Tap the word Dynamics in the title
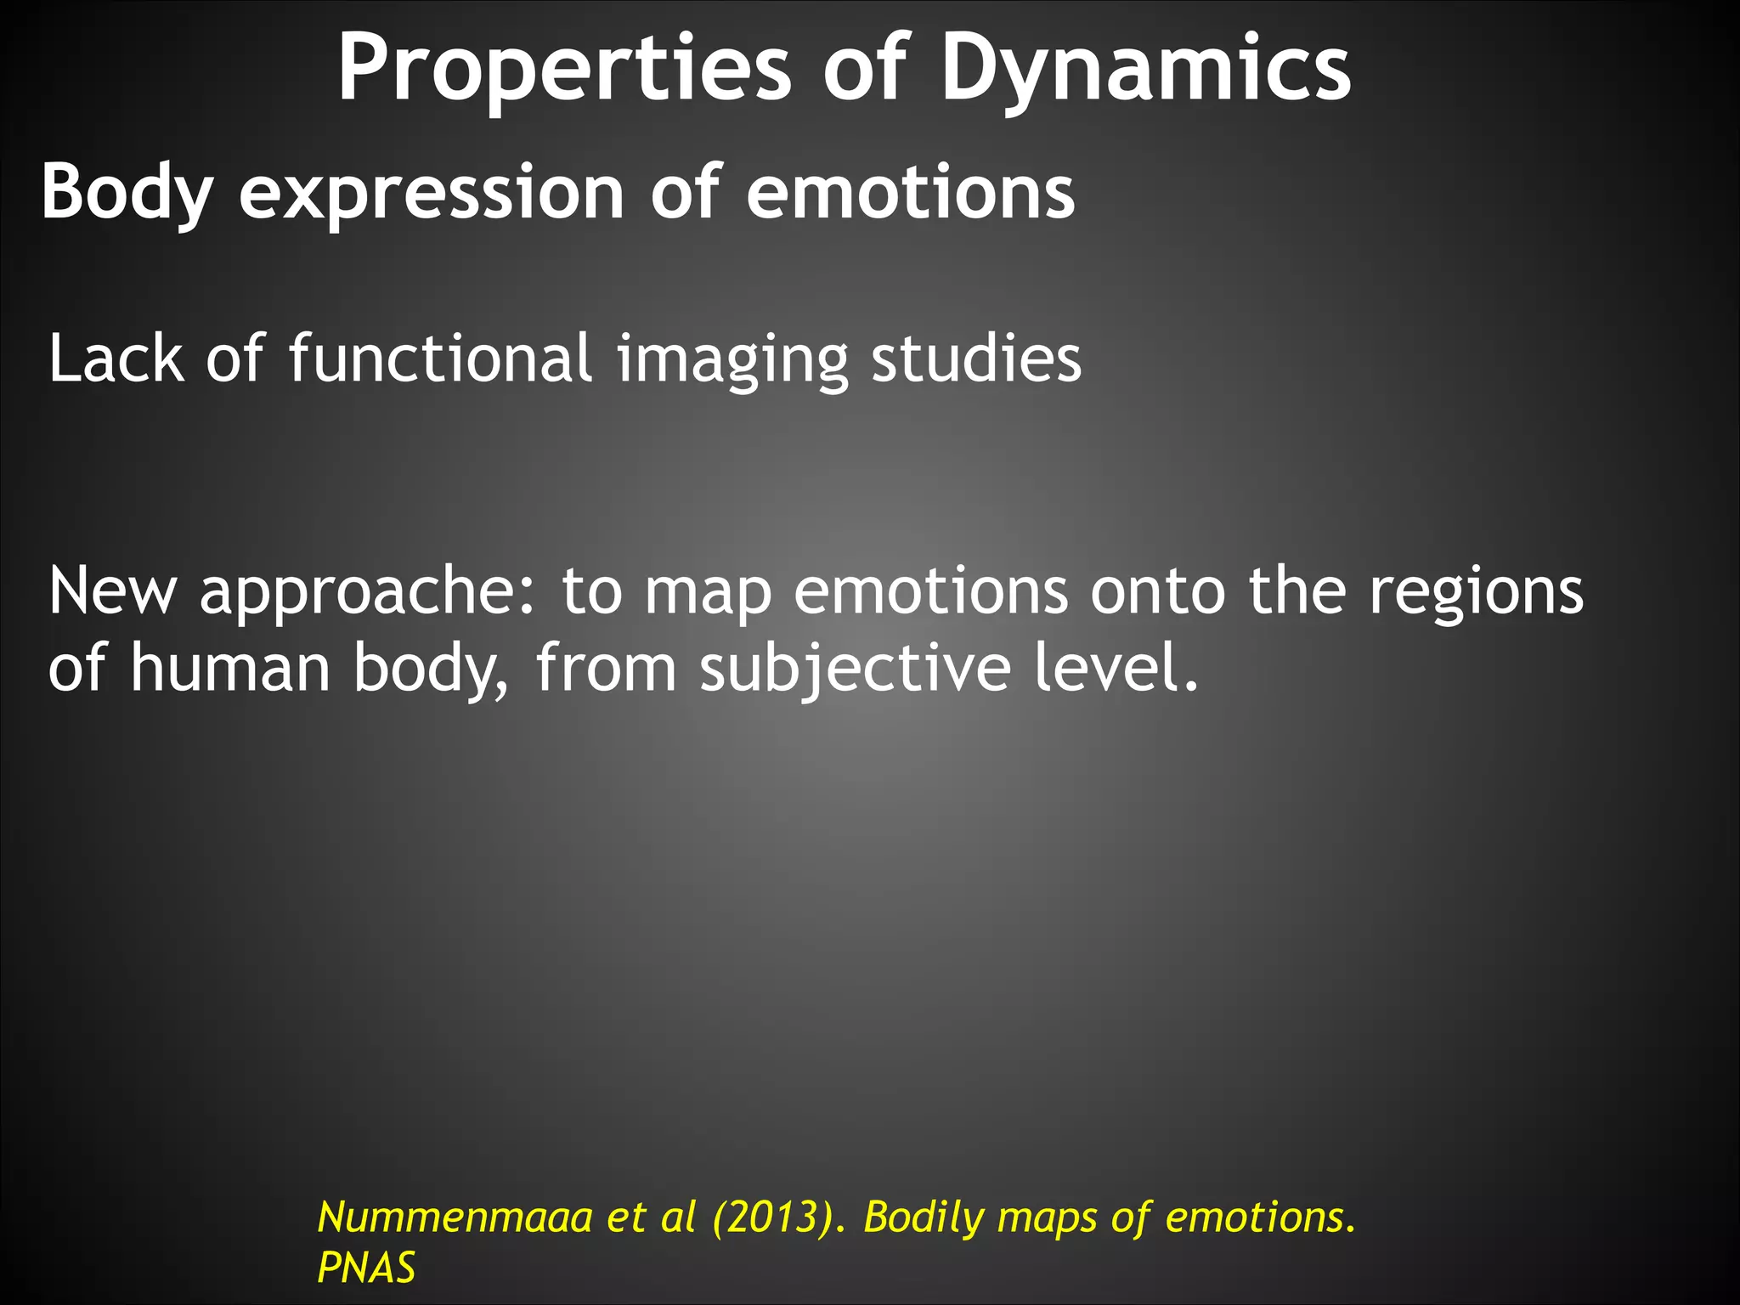coord(1145,70)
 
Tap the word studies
coord(976,359)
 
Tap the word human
coord(230,668)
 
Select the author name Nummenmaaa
coord(455,1217)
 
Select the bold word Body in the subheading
coord(126,194)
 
